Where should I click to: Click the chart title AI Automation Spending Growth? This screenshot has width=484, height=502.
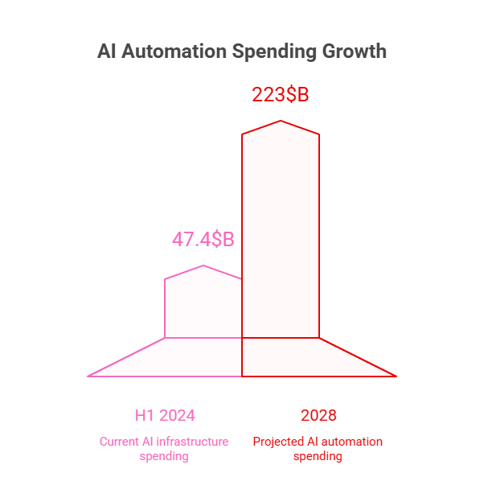pos(241,51)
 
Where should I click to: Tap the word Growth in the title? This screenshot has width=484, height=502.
pos(354,51)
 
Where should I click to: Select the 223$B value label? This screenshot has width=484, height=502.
pos(280,95)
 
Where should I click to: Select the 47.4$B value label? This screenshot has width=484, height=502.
pos(203,240)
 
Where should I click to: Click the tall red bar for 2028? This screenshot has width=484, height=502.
pos(281,233)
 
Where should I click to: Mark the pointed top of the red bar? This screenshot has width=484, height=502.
pos(281,121)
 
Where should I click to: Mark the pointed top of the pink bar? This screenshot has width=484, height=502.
pos(203,266)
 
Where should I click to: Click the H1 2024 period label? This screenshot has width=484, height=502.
pos(165,416)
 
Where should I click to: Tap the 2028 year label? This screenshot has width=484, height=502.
pos(318,416)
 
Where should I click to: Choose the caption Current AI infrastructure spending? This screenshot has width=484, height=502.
pos(164,449)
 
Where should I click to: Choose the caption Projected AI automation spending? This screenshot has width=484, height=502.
pos(318,449)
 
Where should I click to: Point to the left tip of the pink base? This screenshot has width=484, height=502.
pos(89,376)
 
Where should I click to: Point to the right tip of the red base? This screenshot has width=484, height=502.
pos(395,376)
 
